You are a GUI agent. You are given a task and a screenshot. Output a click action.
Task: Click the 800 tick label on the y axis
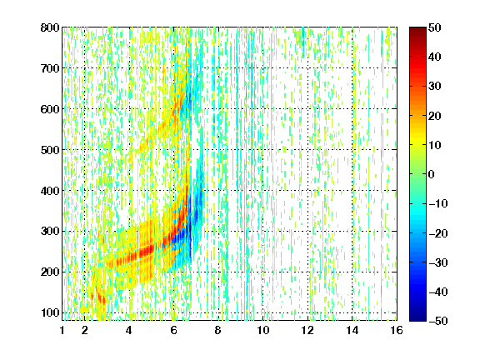tap(50, 27)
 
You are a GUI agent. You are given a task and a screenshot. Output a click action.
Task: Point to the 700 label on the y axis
tap(50, 68)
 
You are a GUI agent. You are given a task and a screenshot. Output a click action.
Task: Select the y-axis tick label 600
tap(50, 109)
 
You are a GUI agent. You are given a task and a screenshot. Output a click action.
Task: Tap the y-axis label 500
tap(50, 150)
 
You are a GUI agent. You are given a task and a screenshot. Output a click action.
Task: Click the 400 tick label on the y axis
tap(50, 191)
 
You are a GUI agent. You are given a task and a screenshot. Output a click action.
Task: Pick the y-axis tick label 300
tap(50, 232)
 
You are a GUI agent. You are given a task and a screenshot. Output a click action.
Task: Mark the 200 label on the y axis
tap(50, 272)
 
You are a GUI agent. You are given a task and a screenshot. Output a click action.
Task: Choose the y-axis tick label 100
tap(50, 312)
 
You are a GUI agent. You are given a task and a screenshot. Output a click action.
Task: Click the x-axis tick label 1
tap(62, 330)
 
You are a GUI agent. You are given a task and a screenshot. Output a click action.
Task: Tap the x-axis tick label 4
tap(129, 330)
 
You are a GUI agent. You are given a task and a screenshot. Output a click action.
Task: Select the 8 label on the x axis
tap(217, 330)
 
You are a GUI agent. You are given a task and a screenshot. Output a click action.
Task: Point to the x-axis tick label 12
tap(307, 330)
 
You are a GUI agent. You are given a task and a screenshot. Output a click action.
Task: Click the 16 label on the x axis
tap(397, 330)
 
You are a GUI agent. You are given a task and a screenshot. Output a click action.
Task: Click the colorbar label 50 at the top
tap(434, 27)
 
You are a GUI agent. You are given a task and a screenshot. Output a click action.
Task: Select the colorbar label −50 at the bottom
tap(437, 321)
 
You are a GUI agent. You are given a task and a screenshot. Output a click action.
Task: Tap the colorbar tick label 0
tap(432, 174)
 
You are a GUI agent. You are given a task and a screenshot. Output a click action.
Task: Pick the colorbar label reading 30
tap(434, 87)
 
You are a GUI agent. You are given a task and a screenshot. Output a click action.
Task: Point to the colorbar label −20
tap(437, 233)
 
